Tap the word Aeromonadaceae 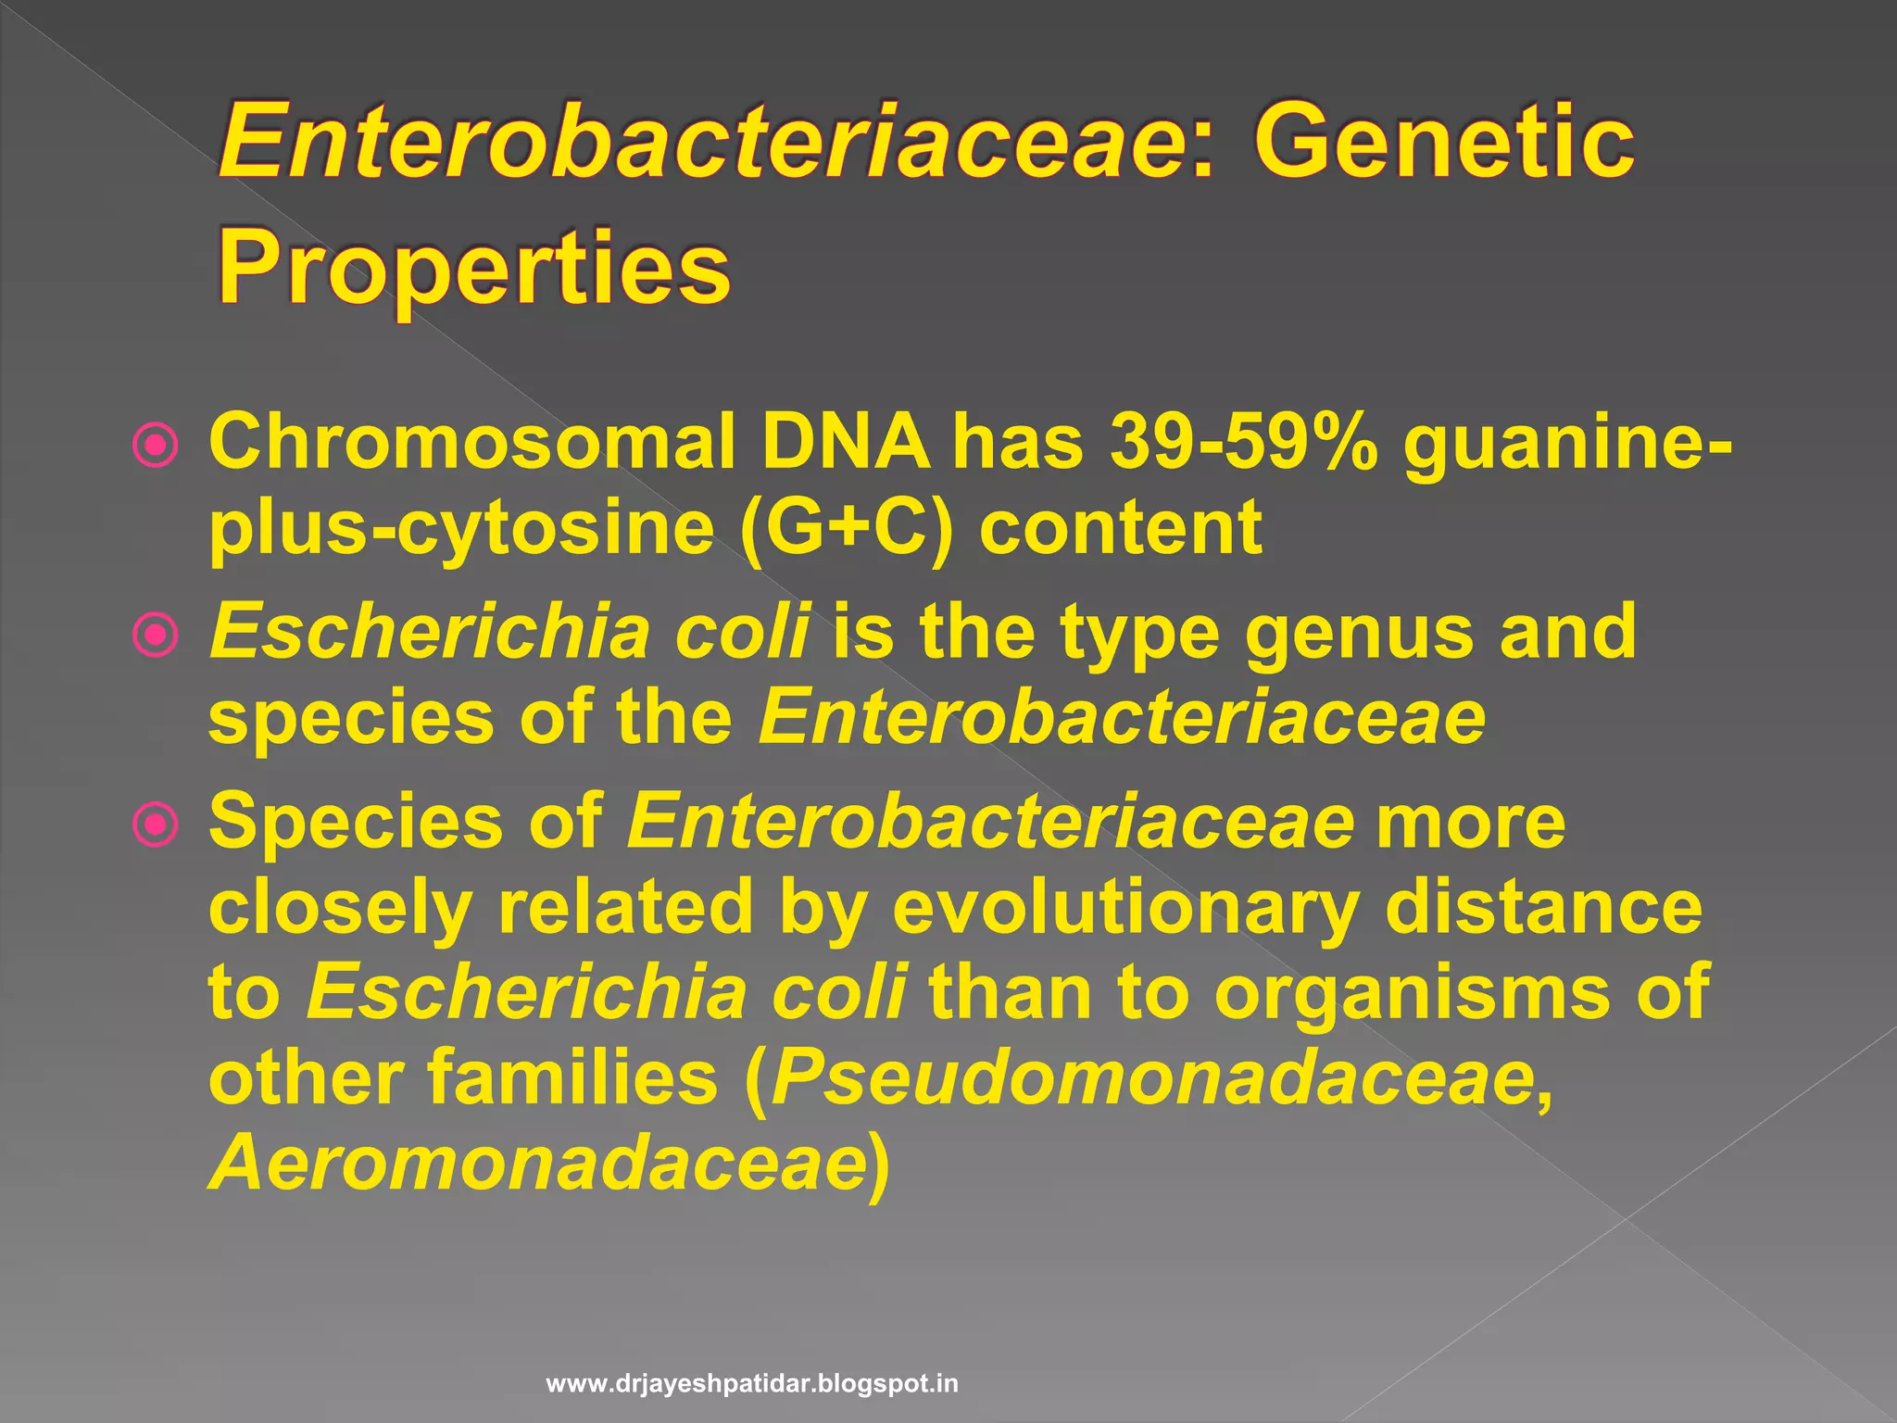tap(537, 1164)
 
